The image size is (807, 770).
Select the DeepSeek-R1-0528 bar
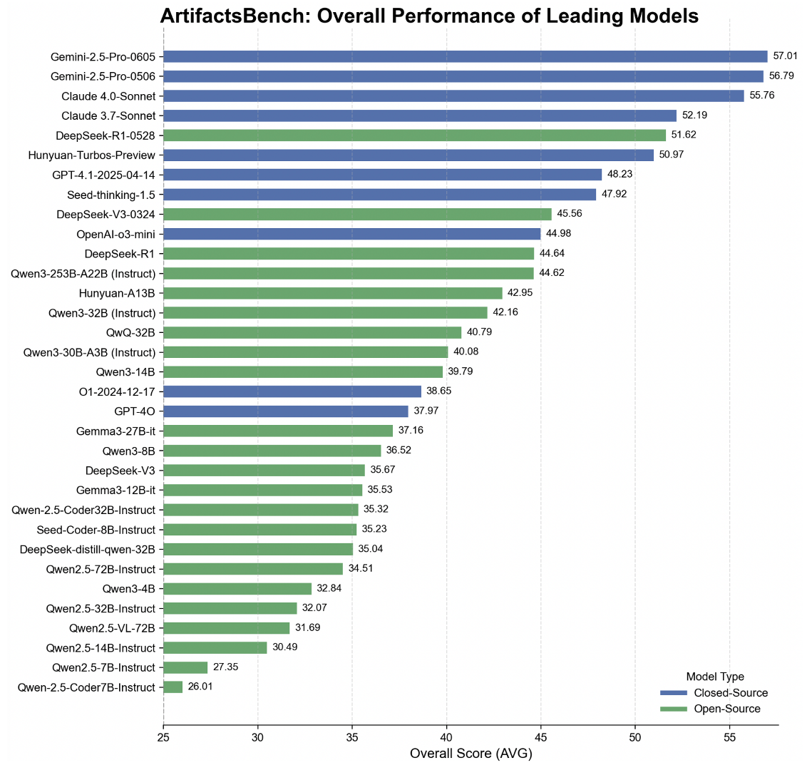click(414, 135)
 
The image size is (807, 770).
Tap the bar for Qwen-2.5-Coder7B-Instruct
click(173, 687)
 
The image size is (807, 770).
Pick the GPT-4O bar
click(286, 411)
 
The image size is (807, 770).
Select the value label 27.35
click(225, 667)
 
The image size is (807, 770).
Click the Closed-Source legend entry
click(731, 693)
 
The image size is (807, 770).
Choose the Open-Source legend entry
click(727, 709)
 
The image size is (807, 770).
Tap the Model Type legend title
click(714, 677)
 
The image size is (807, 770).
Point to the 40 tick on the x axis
click(446, 737)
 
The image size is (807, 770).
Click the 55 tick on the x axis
click(729, 737)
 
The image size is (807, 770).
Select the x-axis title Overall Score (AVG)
click(471, 754)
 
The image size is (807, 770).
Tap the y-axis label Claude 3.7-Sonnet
click(108, 115)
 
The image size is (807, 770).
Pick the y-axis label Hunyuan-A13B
click(118, 292)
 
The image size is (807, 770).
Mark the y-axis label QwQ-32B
click(130, 332)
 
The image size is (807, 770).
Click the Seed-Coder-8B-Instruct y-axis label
click(96, 529)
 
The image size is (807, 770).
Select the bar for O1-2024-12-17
click(292, 391)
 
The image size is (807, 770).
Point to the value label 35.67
click(383, 470)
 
